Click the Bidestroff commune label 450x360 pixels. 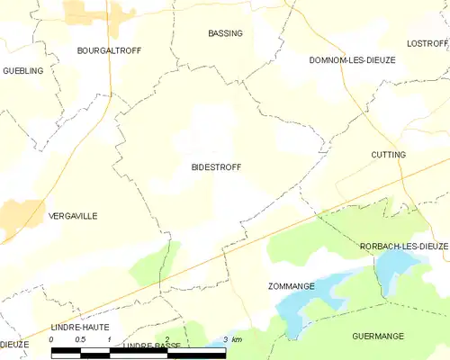click(x=216, y=167)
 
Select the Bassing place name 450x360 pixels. click(x=225, y=33)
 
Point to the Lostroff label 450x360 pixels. click(x=420, y=43)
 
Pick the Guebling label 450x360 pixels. click(x=22, y=70)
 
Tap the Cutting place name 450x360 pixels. click(x=388, y=155)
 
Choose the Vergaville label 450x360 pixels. click(x=73, y=216)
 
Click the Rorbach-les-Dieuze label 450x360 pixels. click(x=403, y=246)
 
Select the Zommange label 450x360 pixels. click(x=291, y=286)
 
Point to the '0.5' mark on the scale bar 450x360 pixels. click(x=80, y=339)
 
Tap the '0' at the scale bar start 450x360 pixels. click(x=52, y=339)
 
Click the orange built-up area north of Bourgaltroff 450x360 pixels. click(x=86, y=13)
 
